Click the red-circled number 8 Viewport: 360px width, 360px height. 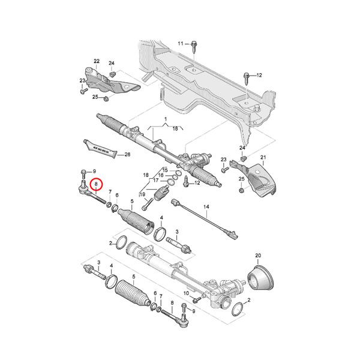(x=96, y=184)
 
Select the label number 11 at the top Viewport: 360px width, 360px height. (x=181, y=44)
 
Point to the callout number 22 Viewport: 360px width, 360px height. (x=96, y=61)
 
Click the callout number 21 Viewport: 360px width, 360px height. (x=262, y=157)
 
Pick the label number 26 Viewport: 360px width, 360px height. (x=127, y=154)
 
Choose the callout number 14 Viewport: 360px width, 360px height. (x=205, y=207)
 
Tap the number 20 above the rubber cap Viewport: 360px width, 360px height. (x=259, y=256)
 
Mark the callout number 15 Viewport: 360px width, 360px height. (x=165, y=170)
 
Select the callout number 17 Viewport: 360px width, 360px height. (x=155, y=180)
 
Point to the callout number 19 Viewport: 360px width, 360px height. (x=143, y=194)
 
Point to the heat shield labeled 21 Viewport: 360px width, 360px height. (x=262, y=179)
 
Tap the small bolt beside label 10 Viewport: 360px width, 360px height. (x=196, y=295)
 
